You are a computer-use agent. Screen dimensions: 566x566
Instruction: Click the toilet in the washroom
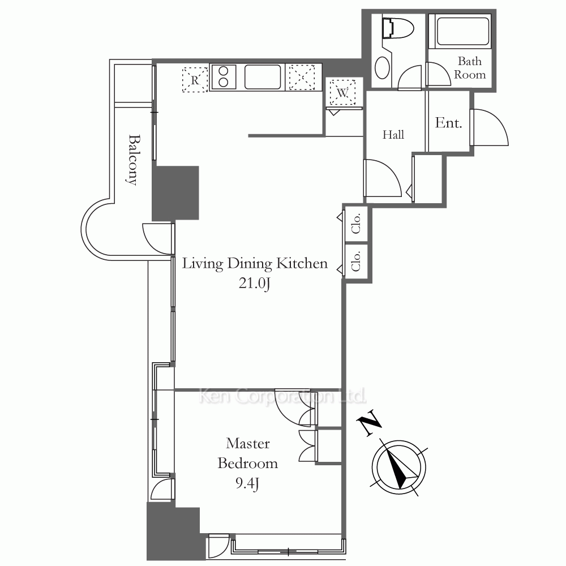[x=398, y=28]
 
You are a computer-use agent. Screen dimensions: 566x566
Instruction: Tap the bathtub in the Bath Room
[x=464, y=31]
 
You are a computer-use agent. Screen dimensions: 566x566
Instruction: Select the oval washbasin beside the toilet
[x=382, y=67]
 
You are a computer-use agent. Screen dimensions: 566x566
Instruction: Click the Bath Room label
[x=470, y=68]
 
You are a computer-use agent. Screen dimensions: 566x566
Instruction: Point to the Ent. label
[x=448, y=123]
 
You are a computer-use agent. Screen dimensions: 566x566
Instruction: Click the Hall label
[x=393, y=135]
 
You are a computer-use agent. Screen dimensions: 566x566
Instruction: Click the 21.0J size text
[x=254, y=284]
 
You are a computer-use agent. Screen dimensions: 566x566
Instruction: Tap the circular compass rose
[x=399, y=467]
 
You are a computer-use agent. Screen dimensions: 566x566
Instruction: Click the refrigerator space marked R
[x=195, y=80]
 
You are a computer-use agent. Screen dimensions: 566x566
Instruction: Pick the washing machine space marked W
[x=342, y=92]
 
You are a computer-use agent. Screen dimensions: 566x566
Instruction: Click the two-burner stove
[x=224, y=76]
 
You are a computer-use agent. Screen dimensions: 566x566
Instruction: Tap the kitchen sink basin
[x=263, y=76]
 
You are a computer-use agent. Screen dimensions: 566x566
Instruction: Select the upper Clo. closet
[x=356, y=224]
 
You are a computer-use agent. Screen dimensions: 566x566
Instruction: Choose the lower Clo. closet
[x=356, y=261]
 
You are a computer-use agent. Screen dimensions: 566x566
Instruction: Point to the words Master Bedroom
[x=248, y=453]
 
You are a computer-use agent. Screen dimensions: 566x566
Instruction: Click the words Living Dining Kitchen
[x=255, y=264]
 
